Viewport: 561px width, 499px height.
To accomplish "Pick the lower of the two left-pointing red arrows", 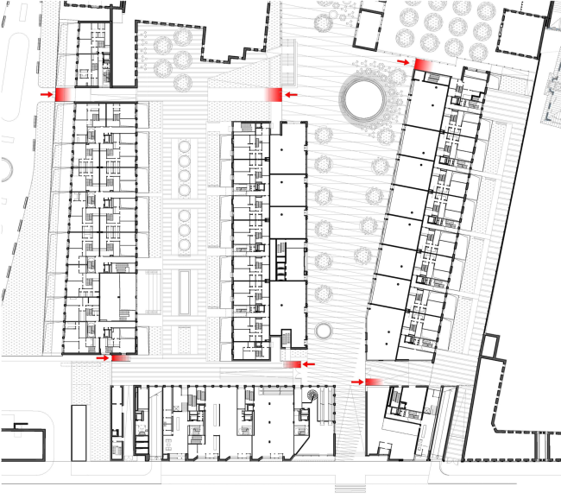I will point(309,364).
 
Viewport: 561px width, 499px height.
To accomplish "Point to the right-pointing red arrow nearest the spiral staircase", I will point(356,381).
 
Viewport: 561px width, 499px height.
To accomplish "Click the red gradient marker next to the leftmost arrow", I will point(66,94).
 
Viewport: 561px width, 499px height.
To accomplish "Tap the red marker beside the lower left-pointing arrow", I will point(293,364).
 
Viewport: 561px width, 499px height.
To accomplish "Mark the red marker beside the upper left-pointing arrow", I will point(274,94).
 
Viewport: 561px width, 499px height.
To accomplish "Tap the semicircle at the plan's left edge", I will point(3,170).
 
